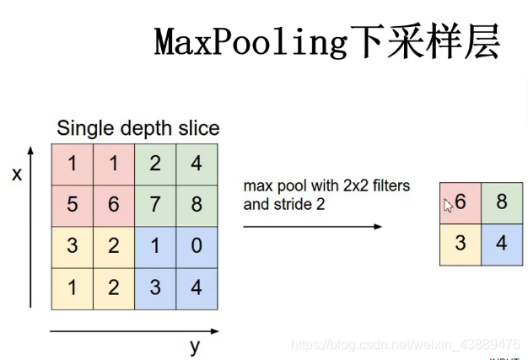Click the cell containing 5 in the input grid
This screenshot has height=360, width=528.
coord(72,206)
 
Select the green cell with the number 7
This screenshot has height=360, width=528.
coord(155,206)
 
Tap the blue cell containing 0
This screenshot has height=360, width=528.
coord(197,247)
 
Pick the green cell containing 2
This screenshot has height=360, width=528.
coord(155,164)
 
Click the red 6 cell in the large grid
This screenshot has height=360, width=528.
coord(114,206)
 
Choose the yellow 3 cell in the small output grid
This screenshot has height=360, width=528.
coord(461,244)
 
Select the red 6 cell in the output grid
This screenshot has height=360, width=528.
coord(461,203)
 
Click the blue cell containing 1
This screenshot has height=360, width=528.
coord(155,247)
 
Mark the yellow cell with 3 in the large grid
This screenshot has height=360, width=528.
coord(72,247)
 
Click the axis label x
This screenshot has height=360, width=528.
coord(16,175)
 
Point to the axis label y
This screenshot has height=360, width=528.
coord(194,346)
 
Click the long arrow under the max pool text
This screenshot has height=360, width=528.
coord(312,226)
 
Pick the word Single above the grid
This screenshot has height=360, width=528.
coord(83,128)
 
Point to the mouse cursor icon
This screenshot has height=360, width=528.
coord(449,205)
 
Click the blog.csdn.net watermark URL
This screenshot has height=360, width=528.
coord(405,345)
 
